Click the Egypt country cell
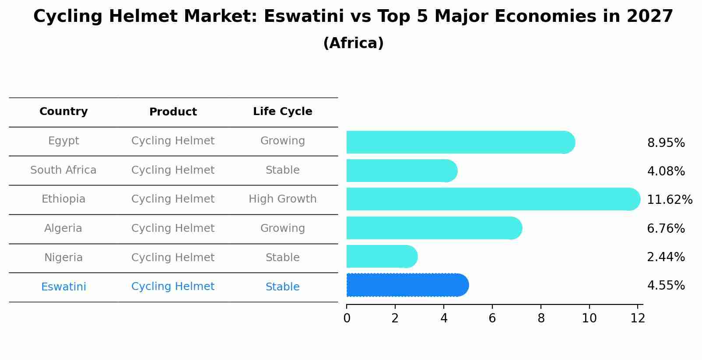click(x=63, y=141)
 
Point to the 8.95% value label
click(x=666, y=143)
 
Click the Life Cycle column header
click(x=282, y=112)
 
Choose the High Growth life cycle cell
click(x=282, y=199)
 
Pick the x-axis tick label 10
click(x=589, y=318)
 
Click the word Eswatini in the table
click(x=63, y=287)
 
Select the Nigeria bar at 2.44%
click(x=381, y=256)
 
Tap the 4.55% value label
click(x=666, y=286)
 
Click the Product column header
click(x=173, y=112)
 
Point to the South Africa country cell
click(x=63, y=170)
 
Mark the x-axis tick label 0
click(x=347, y=318)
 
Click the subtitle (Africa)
click(x=353, y=43)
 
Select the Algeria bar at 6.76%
click(x=433, y=228)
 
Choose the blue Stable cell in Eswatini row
click(x=282, y=287)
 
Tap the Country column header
click(x=63, y=112)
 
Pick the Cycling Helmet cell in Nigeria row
click(x=173, y=258)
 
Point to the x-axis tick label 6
click(x=492, y=318)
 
